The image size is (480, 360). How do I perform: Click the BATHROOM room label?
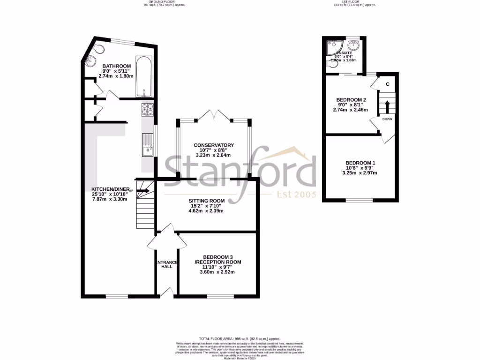(x=116, y=66)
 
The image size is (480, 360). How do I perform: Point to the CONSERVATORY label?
(x=213, y=145)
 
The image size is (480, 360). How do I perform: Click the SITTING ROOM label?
(x=206, y=201)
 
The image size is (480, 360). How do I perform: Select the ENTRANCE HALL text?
(x=166, y=264)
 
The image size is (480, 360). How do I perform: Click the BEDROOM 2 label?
(x=351, y=100)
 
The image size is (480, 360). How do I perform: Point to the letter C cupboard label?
(x=387, y=84)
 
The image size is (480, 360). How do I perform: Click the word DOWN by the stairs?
(x=387, y=119)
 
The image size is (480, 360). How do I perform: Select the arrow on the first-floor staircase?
(x=387, y=106)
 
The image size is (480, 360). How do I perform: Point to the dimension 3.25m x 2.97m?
(x=360, y=173)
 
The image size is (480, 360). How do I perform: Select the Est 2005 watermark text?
(x=296, y=195)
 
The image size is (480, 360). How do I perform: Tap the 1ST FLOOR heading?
(x=348, y=2)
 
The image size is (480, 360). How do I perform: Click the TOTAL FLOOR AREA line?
(x=240, y=338)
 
